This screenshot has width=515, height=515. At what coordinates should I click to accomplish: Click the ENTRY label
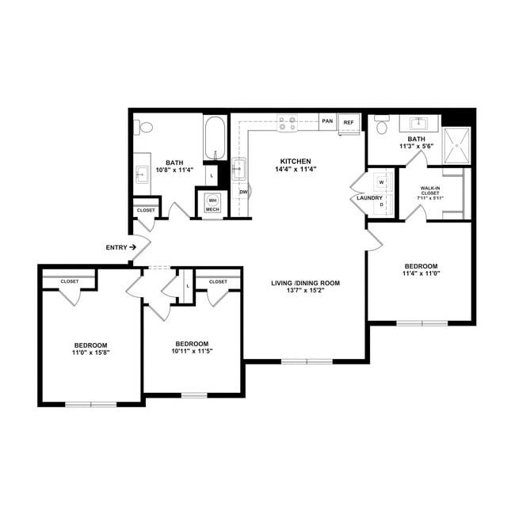coord(116,247)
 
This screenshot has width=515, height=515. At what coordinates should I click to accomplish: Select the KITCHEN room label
coord(295,160)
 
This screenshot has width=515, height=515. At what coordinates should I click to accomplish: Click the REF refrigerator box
coord(348,123)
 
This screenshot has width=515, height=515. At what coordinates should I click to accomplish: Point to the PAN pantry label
coord(327,122)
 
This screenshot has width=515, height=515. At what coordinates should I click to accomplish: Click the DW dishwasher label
coord(243,192)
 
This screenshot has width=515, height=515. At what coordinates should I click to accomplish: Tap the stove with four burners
coord(287,123)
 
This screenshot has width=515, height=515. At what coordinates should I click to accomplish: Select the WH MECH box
coord(212,204)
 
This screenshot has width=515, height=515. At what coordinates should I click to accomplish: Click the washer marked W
coord(381,182)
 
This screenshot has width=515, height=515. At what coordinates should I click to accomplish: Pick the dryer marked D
coord(381,204)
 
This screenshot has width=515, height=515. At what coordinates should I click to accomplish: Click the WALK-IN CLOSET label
coord(432,193)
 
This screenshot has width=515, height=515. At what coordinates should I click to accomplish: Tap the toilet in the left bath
coord(144,128)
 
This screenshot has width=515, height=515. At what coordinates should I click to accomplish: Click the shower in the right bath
coord(457,147)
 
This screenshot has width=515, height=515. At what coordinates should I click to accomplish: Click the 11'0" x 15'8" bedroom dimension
coord(91,354)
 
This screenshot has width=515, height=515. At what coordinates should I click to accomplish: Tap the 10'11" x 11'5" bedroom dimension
coord(191,351)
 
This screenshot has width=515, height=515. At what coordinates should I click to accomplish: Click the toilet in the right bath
coord(381,125)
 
